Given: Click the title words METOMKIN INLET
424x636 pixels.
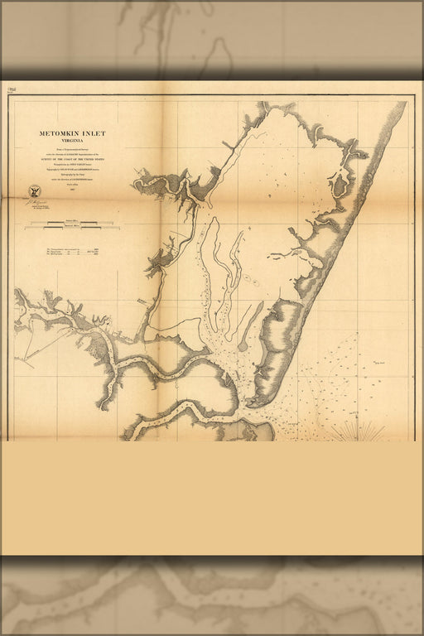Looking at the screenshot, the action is (72, 133).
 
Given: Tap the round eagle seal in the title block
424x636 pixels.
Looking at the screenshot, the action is (34, 190).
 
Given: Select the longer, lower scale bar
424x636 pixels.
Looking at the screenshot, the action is (73, 228).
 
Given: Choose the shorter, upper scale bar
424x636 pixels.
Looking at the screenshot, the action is (73, 221).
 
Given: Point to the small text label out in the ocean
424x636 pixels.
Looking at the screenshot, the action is (380, 362).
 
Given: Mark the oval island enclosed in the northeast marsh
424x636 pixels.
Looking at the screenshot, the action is (339, 185).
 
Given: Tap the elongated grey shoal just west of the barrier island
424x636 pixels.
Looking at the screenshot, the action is (249, 328).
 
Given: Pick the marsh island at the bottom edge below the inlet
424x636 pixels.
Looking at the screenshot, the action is (253, 431).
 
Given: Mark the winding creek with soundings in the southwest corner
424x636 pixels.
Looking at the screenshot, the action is (166, 418).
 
